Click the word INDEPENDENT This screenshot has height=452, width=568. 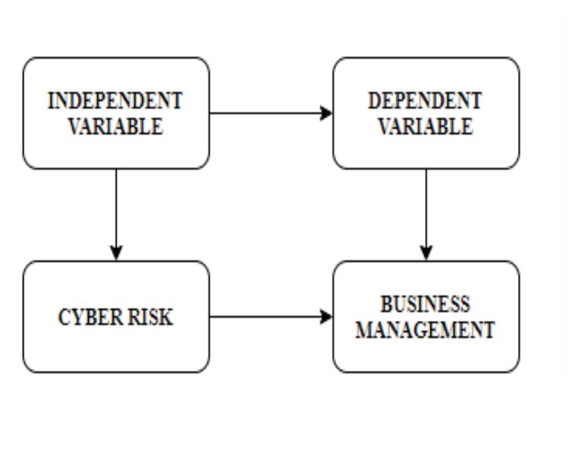click(x=115, y=101)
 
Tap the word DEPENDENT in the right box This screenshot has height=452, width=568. click(x=425, y=101)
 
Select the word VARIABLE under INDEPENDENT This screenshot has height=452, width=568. click(x=115, y=126)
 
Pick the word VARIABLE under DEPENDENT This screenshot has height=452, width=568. click(x=426, y=126)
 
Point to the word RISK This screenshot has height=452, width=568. click(x=147, y=317)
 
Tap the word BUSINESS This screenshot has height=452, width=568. click(x=425, y=304)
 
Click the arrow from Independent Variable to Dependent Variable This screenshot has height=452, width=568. click(x=267, y=113)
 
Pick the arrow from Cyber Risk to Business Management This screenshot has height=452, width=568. click(x=267, y=317)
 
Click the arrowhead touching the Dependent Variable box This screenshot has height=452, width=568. click(x=326, y=113)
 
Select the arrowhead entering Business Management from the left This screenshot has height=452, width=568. click(x=326, y=317)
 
